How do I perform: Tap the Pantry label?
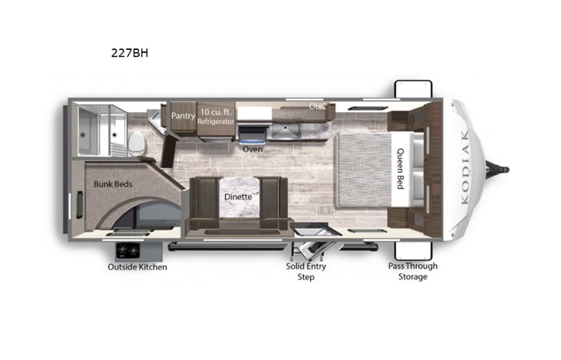[183, 116]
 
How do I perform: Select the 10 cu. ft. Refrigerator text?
[216, 117]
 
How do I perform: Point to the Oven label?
[252, 149]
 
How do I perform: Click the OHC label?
[317, 106]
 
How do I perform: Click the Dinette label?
[238, 197]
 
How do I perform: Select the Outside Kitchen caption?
[137, 267]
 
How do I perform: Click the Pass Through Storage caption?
[412, 271]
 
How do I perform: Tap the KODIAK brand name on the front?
[469, 168]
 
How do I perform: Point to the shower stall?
[101, 128]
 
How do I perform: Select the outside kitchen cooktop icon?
[126, 250]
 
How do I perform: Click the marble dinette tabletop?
[238, 196]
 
